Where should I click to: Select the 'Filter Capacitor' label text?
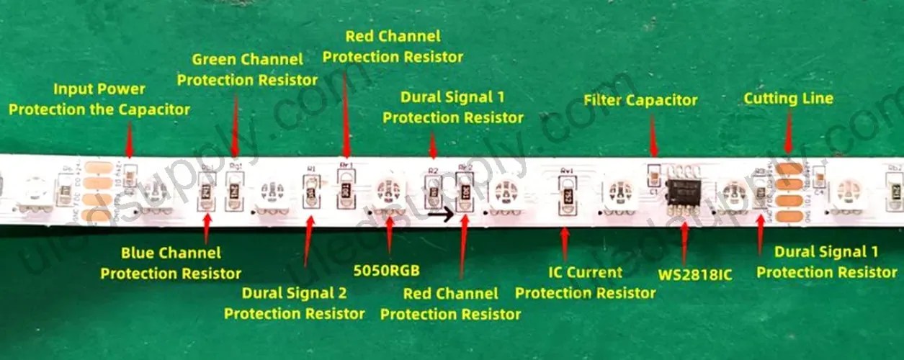pos(640,100)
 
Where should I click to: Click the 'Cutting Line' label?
pos(788,98)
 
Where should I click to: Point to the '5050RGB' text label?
pos(387,271)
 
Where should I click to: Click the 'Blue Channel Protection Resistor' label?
pos(171,263)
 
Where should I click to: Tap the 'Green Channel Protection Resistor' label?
pos(247,69)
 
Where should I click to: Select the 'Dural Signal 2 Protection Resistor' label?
pos(294,303)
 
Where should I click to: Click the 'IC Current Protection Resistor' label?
pos(585,282)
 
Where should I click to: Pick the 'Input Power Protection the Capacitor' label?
pos(99,99)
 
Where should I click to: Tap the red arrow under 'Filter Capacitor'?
pos(653,137)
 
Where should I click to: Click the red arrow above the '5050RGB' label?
pos(390,235)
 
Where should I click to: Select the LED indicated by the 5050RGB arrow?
pos(390,192)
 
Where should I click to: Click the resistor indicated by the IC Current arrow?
pos(567,193)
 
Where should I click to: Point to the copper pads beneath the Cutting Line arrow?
pos(788,191)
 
